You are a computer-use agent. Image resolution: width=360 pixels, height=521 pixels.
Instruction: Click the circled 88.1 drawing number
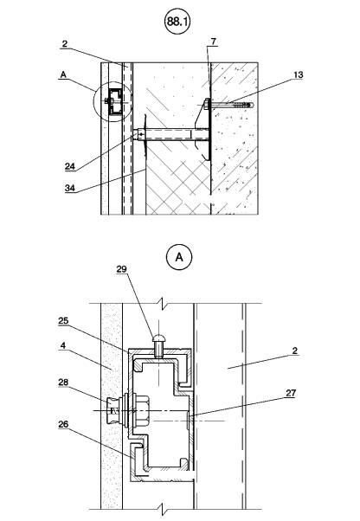[x=177, y=22]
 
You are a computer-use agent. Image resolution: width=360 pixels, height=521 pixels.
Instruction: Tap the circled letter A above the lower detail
[x=179, y=257]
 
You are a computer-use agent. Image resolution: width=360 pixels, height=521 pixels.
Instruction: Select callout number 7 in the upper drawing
[x=213, y=42]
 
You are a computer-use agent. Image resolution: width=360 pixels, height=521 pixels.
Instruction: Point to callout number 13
[x=299, y=75]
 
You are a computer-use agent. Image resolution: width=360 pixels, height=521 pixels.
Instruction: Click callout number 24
[x=70, y=166]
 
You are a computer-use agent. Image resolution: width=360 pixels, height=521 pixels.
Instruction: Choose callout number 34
[x=70, y=188]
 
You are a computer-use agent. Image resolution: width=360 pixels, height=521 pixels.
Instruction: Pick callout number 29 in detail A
[x=121, y=269]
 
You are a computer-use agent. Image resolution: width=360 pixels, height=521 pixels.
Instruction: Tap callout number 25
[x=63, y=321]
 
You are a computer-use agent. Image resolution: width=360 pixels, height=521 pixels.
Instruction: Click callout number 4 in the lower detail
[x=63, y=345]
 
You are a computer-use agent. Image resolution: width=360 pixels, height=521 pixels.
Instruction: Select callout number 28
[x=63, y=383]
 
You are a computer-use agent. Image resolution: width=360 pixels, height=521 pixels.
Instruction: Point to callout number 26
[x=63, y=424]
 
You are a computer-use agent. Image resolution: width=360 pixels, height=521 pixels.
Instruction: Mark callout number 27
[x=291, y=393]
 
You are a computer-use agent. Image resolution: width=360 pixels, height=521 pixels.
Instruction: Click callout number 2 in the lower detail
[x=294, y=351]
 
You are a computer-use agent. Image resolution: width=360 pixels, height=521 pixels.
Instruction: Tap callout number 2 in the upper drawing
[x=65, y=44]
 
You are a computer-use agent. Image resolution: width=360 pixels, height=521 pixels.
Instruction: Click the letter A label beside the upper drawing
[x=63, y=75]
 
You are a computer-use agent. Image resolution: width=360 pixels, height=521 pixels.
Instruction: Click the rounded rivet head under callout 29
[x=158, y=339]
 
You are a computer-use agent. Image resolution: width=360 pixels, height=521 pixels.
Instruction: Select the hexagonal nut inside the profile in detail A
[x=143, y=411]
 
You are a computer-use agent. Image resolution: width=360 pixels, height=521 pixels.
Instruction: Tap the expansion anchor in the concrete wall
[x=230, y=106]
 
